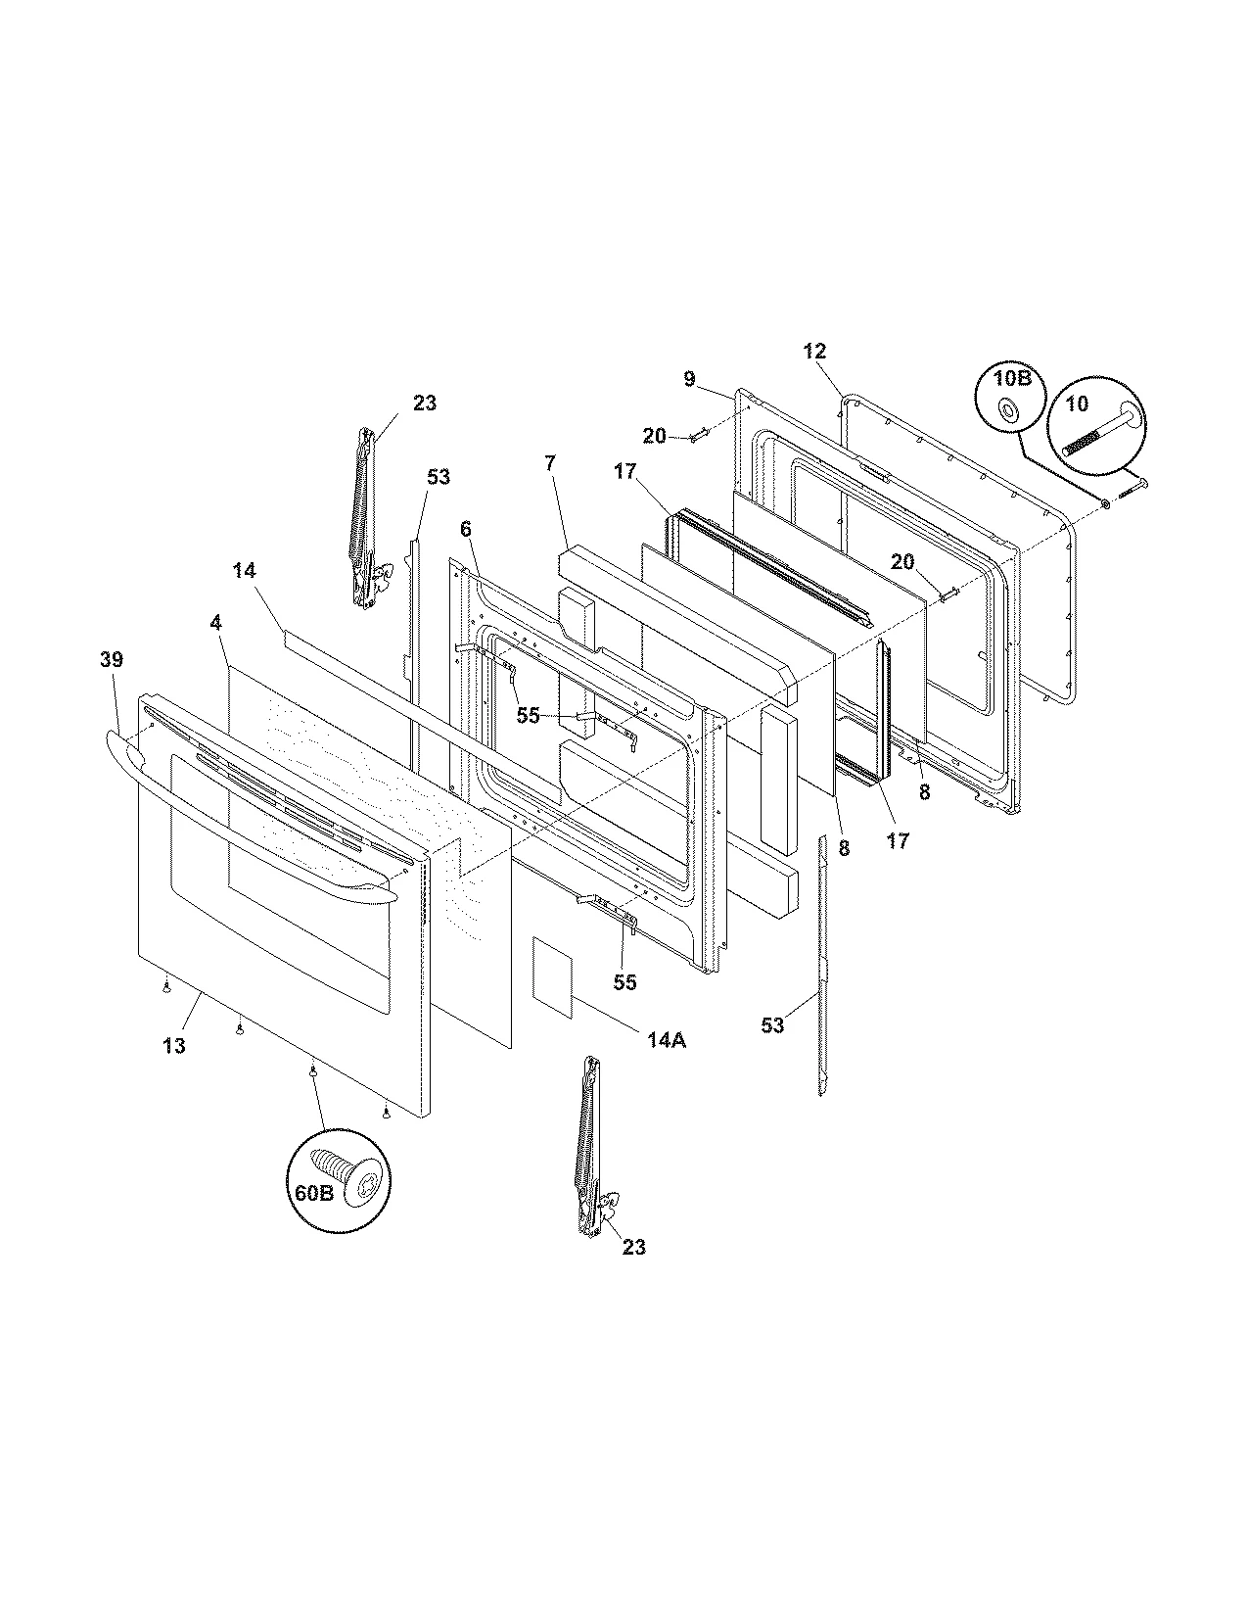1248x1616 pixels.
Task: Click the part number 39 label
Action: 112,659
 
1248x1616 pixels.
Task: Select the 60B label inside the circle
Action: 313,1193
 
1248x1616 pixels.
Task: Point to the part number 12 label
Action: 814,351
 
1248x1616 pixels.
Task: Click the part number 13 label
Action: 173,1046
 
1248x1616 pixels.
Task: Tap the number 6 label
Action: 465,529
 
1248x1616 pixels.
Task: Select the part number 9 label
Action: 689,378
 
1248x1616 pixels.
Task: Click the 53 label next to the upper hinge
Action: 439,477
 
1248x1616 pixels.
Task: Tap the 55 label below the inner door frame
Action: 624,981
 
